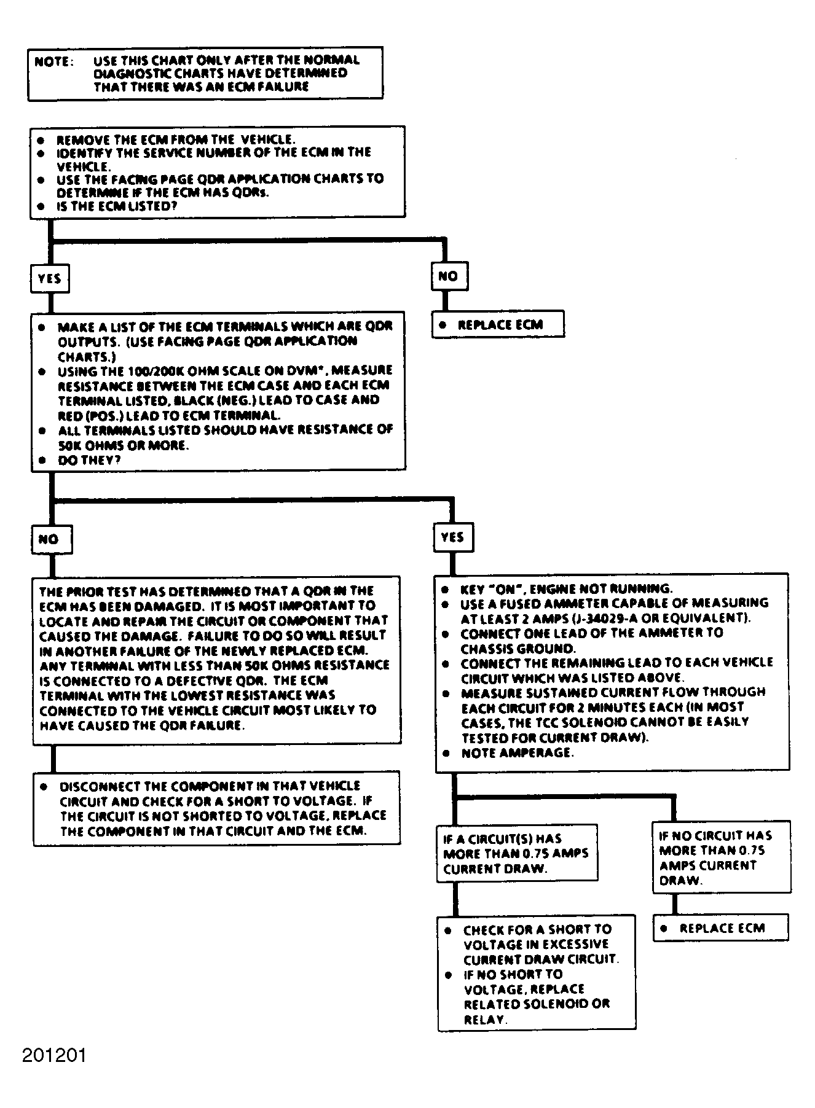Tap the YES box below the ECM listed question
click(50, 279)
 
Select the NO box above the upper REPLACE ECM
click(449, 276)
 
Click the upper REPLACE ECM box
click(498, 324)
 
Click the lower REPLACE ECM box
click(720, 928)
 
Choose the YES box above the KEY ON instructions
click(452, 537)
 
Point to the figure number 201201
click(54, 1055)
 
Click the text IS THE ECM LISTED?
click(117, 206)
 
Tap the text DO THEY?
click(89, 460)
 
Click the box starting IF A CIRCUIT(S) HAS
click(516, 853)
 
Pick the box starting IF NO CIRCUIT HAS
click(721, 857)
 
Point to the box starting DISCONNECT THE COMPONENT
click(217, 808)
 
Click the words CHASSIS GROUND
click(518, 649)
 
